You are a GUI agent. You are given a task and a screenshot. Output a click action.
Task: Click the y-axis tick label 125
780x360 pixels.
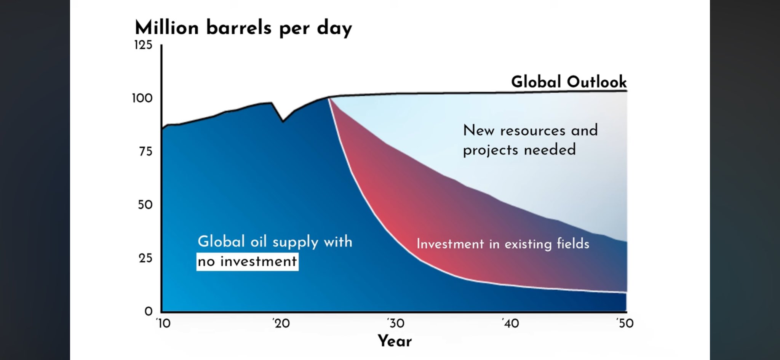pyautogui.click(x=143, y=45)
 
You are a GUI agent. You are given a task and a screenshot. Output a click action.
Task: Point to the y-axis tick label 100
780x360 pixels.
pyautogui.click(x=142, y=98)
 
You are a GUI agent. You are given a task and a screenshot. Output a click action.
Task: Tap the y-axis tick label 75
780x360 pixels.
pyautogui.click(x=145, y=152)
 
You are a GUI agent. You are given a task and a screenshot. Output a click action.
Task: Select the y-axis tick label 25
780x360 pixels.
pyautogui.click(x=145, y=258)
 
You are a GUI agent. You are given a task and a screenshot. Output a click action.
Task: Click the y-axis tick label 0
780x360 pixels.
pyautogui.click(x=148, y=312)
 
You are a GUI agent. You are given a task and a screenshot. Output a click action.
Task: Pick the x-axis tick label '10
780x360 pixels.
pyautogui.click(x=163, y=323)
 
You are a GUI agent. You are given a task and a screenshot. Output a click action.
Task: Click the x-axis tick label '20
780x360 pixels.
pyautogui.click(x=281, y=323)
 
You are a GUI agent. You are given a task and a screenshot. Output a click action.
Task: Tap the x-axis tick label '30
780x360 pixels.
pyautogui.click(x=396, y=323)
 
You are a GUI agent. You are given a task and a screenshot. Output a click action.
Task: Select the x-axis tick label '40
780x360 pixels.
pyautogui.click(x=510, y=323)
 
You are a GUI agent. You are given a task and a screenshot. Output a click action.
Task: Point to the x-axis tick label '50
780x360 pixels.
pyautogui.click(x=625, y=323)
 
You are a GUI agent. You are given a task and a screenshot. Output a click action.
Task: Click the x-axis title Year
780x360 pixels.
pyautogui.click(x=395, y=341)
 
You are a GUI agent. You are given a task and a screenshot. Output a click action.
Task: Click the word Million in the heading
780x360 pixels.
pyautogui.click(x=167, y=28)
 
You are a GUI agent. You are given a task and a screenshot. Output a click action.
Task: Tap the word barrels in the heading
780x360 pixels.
pyautogui.click(x=239, y=28)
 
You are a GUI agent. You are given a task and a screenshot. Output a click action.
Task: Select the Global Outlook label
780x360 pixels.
pyautogui.click(x=569, y=82)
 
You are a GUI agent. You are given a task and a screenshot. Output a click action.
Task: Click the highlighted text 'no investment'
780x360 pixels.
pyautogui.click(x=247, y=262)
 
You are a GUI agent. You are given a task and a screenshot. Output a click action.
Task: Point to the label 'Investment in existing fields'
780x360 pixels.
pyautogui.click(x=503, y=244)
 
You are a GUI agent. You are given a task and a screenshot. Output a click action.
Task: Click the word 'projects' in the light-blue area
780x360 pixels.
pyautogui.click(x=491, y=150)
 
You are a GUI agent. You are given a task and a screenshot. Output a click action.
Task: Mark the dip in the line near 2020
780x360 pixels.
pyautogui.click(x=283, y=121)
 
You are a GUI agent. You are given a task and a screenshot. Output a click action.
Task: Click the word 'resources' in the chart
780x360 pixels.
pyautogui.click(x=532, y=131)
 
